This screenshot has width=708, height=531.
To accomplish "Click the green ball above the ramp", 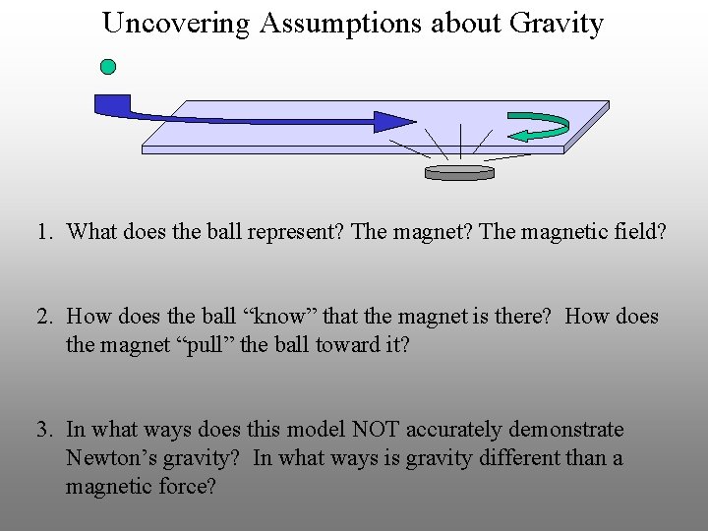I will (108, 67).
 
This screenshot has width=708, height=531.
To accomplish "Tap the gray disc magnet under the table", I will (459, 172).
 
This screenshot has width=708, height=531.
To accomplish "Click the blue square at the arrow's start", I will (111, 102).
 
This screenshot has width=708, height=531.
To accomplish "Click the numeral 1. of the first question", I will (44, 232).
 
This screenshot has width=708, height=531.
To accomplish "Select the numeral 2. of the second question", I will (44, 317).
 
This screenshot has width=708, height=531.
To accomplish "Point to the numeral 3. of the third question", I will (44, 430).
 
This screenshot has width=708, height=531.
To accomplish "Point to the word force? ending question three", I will (185, 487).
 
